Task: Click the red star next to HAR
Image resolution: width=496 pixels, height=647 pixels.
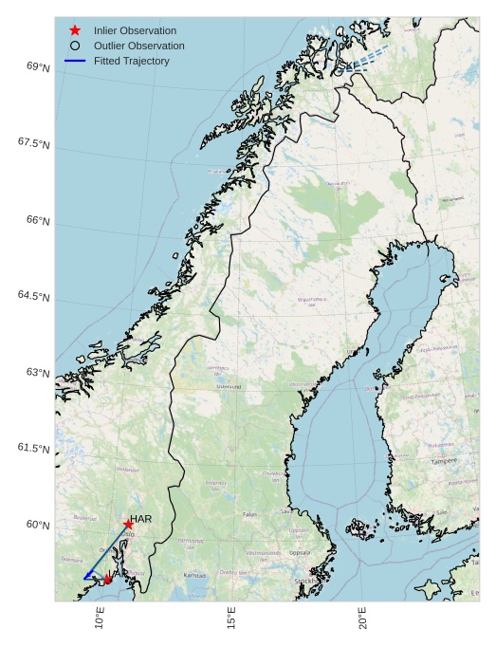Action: tap(128, 524)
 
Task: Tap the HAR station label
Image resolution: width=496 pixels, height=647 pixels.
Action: tap(141, 519)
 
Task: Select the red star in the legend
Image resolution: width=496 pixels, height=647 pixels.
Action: tap(75, 30)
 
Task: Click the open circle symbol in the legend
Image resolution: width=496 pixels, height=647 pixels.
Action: tap(75, 46)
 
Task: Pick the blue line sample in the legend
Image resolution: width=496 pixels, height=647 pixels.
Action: tap(75, 61)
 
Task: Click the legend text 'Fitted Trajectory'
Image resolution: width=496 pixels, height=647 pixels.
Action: tap(132, 61)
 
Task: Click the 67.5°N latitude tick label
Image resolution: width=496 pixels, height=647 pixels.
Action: tap(33, 142)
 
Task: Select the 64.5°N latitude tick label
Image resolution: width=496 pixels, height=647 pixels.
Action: tap(33, 296)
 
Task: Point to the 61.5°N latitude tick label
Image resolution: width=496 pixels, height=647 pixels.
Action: tap(33, 448)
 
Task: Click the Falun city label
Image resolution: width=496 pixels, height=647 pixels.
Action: tap(250, 514)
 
